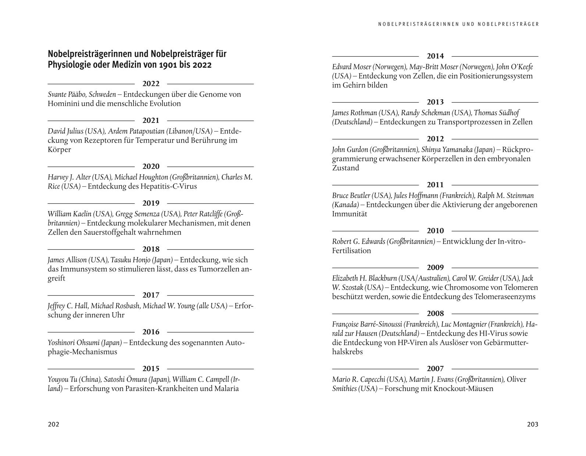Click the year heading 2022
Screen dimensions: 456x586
(151, 84)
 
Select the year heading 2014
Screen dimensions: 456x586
(435, 56)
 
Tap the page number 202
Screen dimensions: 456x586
(53, 424)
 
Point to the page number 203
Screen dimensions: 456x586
(532, 424)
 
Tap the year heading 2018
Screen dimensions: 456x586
(151, 249)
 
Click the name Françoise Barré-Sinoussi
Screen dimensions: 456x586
(367, 324)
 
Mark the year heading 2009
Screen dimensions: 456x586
(435, 268)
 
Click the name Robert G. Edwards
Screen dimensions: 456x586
(359, 242)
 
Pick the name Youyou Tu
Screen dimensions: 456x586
(61, 380)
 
